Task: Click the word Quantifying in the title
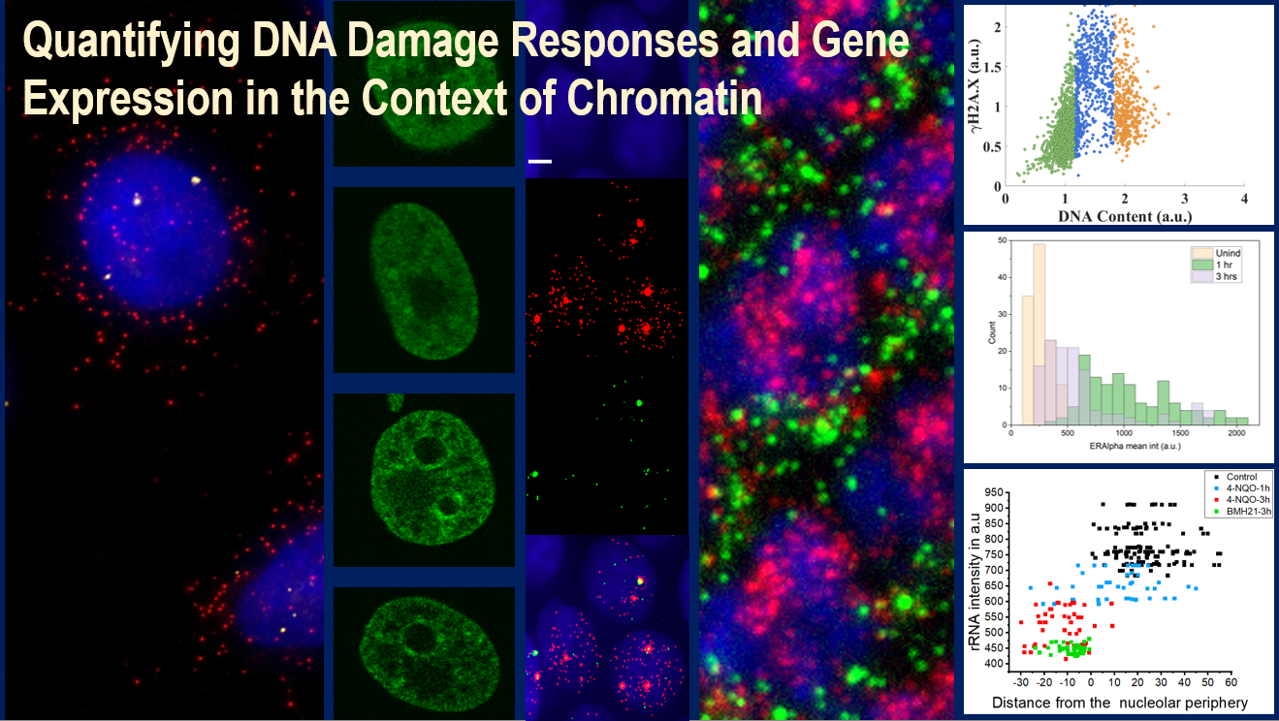click(131, 41)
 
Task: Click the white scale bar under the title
click(539, 162)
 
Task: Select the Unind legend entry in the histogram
click(1216, 253)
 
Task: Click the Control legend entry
click(1235, 477)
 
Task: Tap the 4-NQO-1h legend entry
click(1241, 488)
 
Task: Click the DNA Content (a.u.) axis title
click(1125, 217)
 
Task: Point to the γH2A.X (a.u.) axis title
click(975, 87)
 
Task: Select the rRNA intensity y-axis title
click(975, 581)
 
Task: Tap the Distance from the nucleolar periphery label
click(1120, 703)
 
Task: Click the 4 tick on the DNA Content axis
click(1245, 199)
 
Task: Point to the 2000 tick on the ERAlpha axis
click(1236, 433)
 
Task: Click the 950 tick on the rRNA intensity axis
click(994, 492)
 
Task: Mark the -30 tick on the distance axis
click(1020, 682)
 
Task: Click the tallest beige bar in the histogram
click(1039, 335)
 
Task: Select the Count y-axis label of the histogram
click(992, 332)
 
